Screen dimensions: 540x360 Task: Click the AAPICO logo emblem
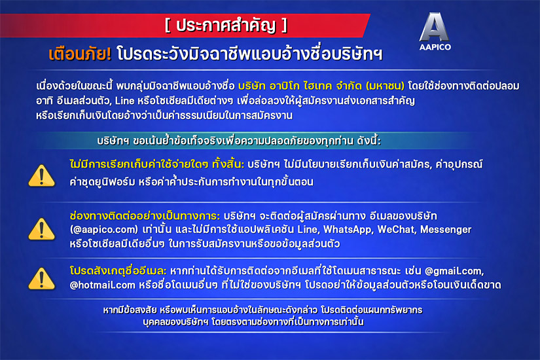434,27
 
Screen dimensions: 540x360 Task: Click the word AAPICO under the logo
435,47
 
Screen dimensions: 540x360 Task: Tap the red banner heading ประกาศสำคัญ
226,26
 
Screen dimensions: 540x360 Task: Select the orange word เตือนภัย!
80,54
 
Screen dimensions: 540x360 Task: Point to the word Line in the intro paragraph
124,101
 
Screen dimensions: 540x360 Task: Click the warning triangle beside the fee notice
42,175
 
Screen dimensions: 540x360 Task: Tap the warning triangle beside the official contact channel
42,228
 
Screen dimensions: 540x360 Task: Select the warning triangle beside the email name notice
42,278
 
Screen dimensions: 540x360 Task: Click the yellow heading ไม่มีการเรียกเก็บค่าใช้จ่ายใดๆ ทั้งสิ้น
156,164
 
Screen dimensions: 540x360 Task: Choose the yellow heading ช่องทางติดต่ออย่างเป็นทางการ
145,216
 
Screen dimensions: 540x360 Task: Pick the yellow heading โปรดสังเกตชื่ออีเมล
118,271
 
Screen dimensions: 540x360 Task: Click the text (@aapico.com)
104,230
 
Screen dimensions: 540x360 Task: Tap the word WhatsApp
348,230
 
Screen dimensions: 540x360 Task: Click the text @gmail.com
454,272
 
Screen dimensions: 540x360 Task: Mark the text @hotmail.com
102,285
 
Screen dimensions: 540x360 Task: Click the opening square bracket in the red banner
168,26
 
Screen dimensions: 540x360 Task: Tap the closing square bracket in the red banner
284,26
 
